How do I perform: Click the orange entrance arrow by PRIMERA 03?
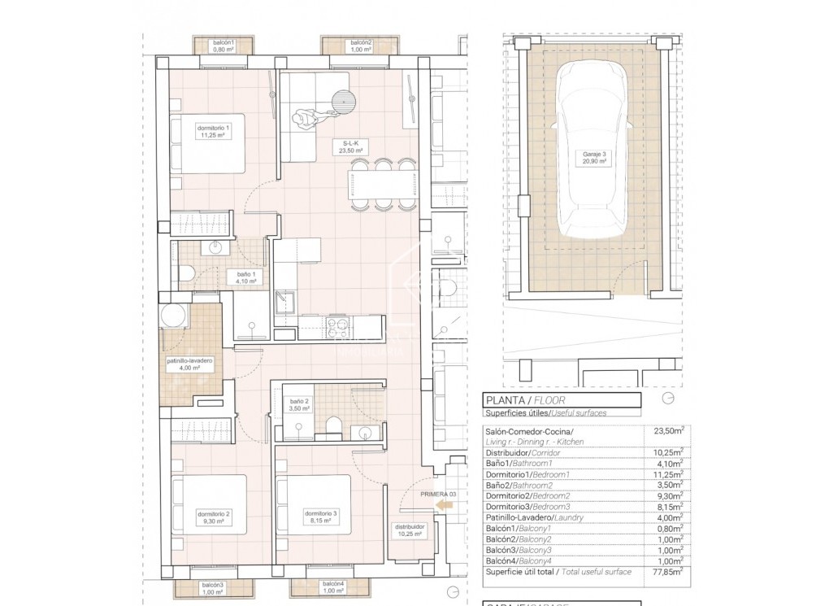[444, 506]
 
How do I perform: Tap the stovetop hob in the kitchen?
[336, 327]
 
